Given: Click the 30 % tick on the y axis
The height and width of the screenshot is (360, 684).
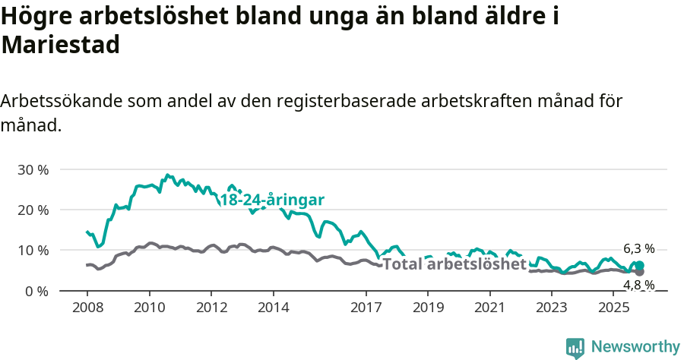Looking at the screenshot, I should click(33, 169).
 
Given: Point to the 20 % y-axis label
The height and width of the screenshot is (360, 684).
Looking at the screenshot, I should click(33, 210).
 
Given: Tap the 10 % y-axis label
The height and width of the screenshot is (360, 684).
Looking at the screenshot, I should click(33, 250).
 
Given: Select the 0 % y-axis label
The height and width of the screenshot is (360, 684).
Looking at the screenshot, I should click(36, 291).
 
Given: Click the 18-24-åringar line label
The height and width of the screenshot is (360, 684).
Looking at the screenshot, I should click(272, 200).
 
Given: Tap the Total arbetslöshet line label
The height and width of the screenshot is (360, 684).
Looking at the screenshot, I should click(454, 264).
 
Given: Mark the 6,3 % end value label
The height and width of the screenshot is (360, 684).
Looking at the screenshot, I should click(638, 248).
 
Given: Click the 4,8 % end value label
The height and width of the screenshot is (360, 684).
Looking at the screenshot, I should click(638, 285).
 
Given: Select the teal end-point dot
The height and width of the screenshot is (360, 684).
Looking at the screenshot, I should click(639, 265).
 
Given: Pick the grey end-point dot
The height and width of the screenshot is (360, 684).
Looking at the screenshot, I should click(639, 271).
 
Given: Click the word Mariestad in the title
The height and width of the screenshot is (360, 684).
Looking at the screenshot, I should click(61, 45).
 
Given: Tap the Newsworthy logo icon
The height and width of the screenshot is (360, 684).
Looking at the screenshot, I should click(575, 347).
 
